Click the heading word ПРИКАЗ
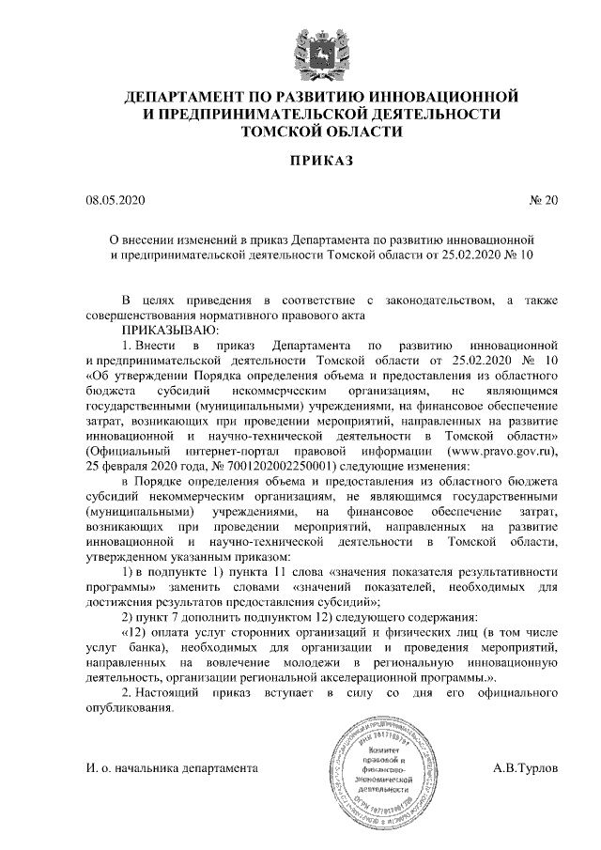300,162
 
